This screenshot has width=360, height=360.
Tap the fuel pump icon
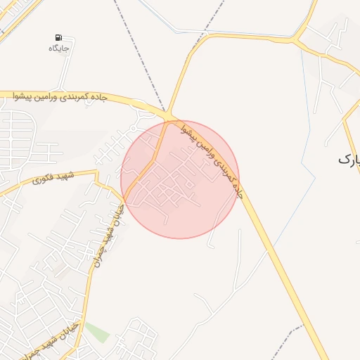(x=58, y=37)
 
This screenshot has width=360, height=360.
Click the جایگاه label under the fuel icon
(x=58, y=48)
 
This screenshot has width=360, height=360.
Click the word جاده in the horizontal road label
(x=97, y=98)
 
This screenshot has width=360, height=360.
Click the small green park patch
(x=98, y=331)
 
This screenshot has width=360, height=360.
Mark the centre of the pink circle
(x=180, y=179)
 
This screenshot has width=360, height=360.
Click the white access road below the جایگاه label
(x=66, y=70)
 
